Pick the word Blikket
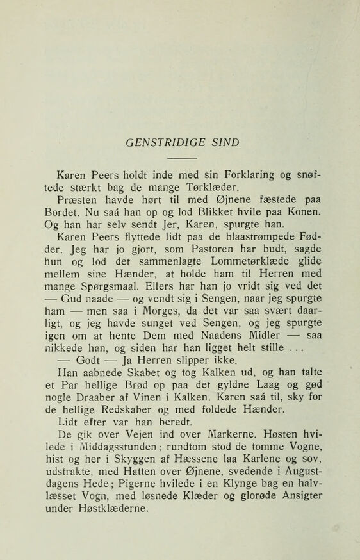tap(211, 215)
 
